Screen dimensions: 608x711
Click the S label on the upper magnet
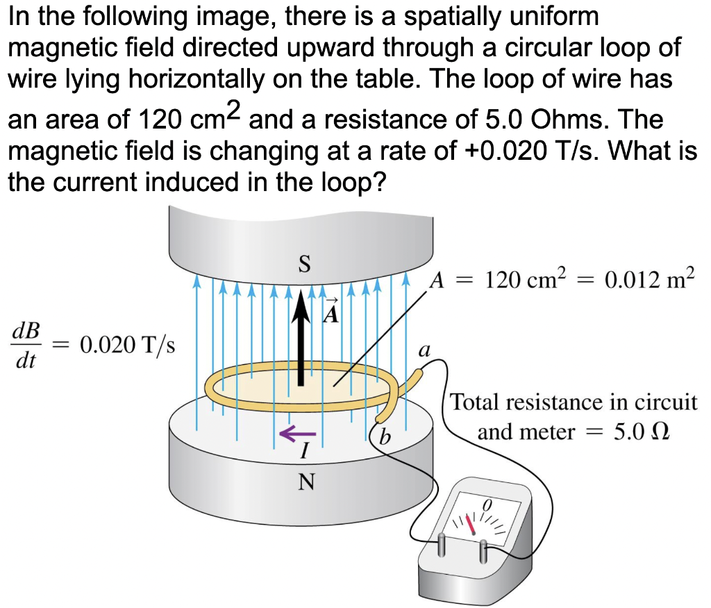(x=303, y=265)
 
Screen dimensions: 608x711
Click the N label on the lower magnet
(x=303, y=481)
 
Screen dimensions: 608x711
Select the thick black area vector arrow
(x=300, y=340)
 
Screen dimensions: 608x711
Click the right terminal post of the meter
(x=483, y=552)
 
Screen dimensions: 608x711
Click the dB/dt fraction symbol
(x=27, y=345)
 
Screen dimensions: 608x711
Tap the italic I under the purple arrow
(x=303, y=452)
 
